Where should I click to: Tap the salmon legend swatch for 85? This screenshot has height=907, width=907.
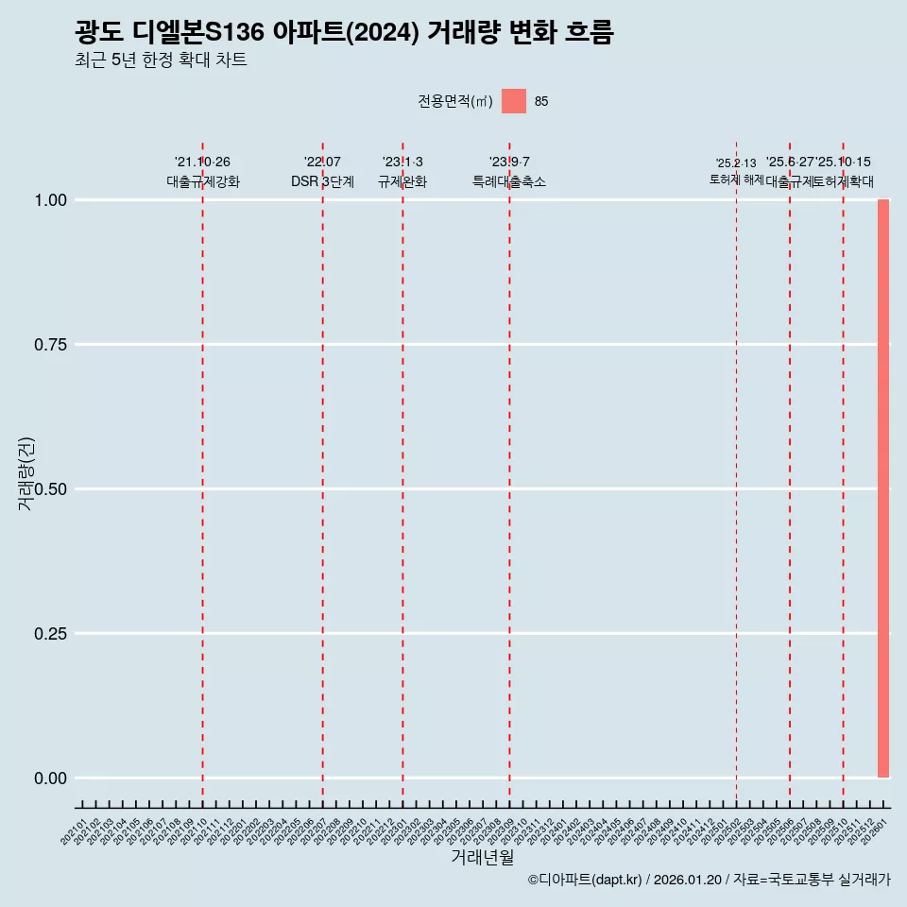(x=513, y=101)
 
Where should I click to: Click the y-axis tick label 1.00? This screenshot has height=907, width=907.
(x=50, y=200)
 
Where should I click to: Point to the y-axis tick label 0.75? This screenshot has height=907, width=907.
(x=50, y=345)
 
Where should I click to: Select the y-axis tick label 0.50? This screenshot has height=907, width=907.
(x=50, y=489)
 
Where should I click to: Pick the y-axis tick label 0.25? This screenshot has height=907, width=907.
(x=50, y=634)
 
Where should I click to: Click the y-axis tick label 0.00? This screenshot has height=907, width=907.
(x=50, y=779)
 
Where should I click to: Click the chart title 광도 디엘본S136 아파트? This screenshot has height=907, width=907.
(x=344, y=33)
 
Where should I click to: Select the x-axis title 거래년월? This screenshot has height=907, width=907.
(x=482, y=858)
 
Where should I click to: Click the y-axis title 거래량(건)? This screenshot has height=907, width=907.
(x=26, y=472)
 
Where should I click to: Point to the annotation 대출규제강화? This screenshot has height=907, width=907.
(x=203, y=181)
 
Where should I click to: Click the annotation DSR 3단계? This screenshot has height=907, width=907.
(x=322, y=181)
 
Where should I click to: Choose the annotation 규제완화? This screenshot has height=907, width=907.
(x=402, y=181)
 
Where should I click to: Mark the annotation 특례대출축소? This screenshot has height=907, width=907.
(x=509, y=181)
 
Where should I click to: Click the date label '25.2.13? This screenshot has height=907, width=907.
(x=736, y=163)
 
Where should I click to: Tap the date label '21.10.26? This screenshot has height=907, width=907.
(x=202, y=163)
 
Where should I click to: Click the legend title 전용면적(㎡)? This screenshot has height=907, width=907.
(x=454, y=101)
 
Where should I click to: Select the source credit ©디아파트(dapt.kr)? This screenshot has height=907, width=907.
(x=586, y=880)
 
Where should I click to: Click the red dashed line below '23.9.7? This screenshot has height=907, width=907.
(x=509, y=472)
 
